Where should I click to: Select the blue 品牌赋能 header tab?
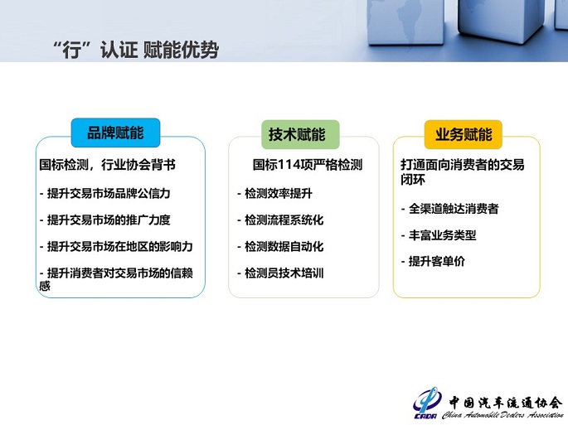pyautogui.click(x=115, y=133)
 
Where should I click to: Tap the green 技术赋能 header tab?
pyautogui.click(x=296, y=133)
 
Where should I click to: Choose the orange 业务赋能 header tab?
pyautogui.click(x=464, y=133)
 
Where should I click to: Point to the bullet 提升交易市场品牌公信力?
pyautogui.click(x=110, y=194)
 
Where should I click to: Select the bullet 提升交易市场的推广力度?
pyautogui.click(x=110, y=220)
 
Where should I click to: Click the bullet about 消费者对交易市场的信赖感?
pyautogui.click(x=116, y=279)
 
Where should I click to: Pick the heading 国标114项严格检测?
pyautogui.click(x=308, y=165)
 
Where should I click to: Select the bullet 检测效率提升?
pyautogui.click(x=274, y=194)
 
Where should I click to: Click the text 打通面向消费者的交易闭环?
pyautogui.click(x=462, y=171)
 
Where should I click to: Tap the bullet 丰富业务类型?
pyautogui.click(x=438, y=235)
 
